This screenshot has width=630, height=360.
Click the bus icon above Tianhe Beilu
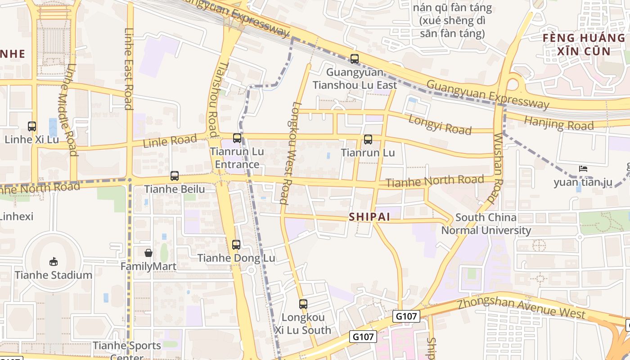coord(175,176)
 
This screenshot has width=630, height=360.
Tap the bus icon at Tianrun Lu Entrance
coord(237,138)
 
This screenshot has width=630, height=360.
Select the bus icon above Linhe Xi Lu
coord(32,126)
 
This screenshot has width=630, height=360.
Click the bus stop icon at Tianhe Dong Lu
coord(236,245)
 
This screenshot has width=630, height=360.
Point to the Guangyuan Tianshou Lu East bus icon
coord(355,59)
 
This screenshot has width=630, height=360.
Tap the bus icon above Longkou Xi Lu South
coord(303,304)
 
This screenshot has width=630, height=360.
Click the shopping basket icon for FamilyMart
coord(148,253)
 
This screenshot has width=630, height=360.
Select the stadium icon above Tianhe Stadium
coord(54,261)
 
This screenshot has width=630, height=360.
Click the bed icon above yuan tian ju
coord(583,169)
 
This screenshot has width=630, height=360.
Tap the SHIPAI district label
coord(369,217)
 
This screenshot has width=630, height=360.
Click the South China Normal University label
coord(486,224)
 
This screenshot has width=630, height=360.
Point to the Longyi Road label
coord(440,124)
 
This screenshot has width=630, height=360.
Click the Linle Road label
coord(170,141)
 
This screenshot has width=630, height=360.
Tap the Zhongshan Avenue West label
coord(521,308)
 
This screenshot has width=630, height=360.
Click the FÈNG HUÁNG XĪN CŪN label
coord(584,44)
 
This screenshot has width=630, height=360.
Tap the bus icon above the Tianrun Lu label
coord(368,139)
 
